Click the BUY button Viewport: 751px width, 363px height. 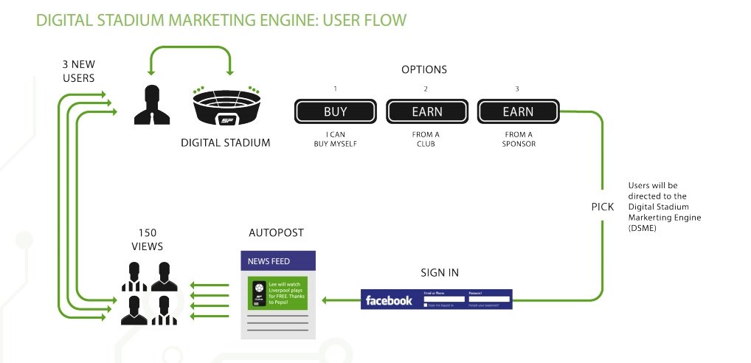point(335,112)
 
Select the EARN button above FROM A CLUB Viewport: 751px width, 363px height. point(426,112)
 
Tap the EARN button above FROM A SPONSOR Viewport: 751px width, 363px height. point(518,112)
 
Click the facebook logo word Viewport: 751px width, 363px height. point(389,300)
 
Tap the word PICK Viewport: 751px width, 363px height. point(603,207)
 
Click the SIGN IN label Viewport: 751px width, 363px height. point(440,272)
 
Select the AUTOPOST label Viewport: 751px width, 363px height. point(277,233)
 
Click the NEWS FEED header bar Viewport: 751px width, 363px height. point(278,260)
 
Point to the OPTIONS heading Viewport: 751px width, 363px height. point(424,70)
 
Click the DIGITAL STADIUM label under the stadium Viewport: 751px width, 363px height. point(225,142)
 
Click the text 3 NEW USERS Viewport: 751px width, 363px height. point(78,71)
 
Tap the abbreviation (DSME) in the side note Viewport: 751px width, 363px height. point(642,228)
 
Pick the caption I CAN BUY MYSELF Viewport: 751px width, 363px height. point(335,139)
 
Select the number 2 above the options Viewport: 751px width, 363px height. point(426,89)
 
